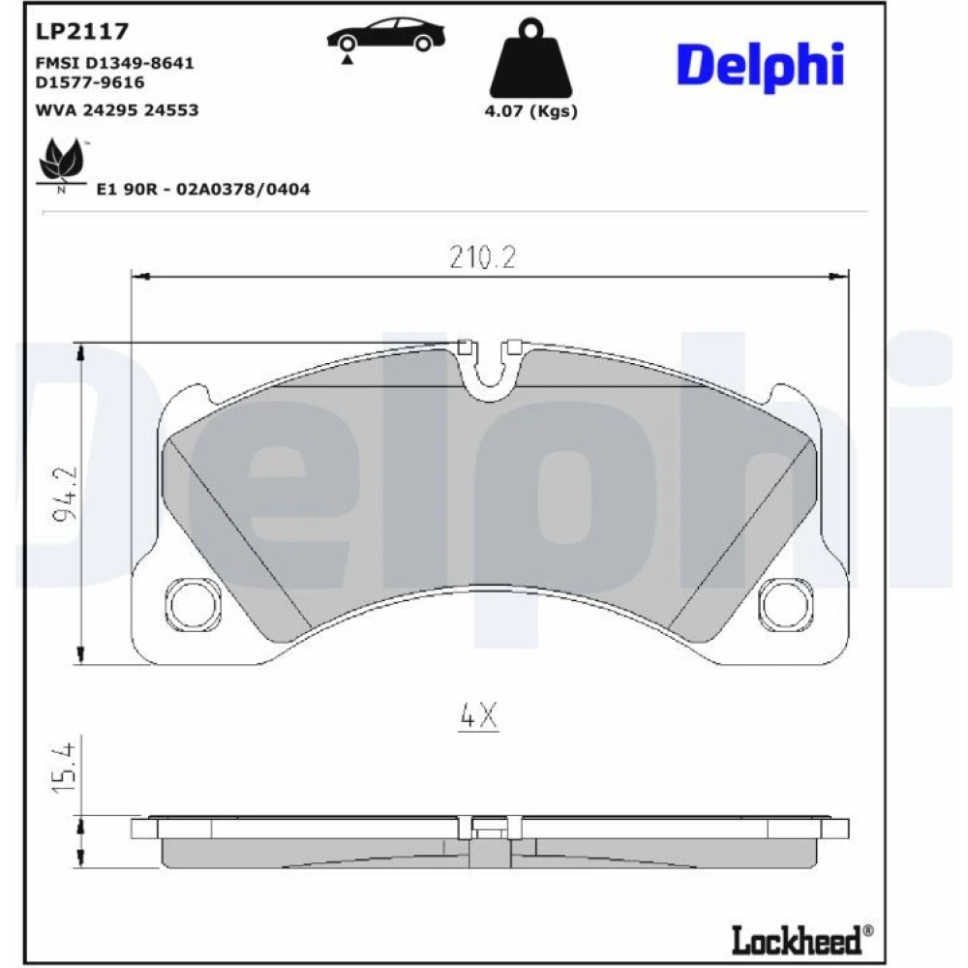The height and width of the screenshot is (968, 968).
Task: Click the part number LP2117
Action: pos(82,31)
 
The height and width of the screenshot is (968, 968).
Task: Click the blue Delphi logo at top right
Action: pos(761,67)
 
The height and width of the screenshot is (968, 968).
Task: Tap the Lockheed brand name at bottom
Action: pos(802,940)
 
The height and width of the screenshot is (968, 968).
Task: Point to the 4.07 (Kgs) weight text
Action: pos(530,111)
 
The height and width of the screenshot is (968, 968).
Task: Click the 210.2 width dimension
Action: pos(482,257)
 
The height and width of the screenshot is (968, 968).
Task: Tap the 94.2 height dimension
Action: pos(66,494)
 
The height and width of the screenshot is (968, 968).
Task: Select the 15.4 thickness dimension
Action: pos(64,769)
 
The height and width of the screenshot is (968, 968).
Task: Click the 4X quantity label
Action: pos(478,716)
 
